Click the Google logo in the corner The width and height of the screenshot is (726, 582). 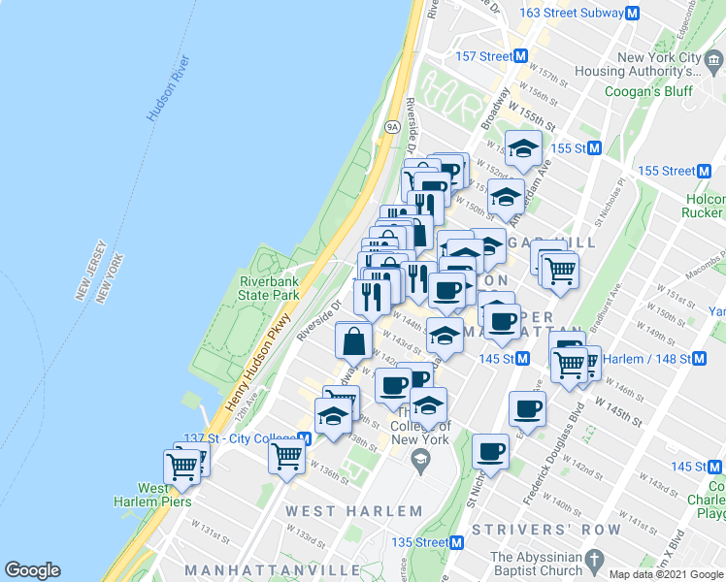click(x=32, y=570)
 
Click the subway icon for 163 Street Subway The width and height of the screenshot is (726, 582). click(x=633, y=14)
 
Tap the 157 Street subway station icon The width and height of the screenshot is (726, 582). click(x=520, y=56)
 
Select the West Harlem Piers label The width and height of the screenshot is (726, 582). click(x=164, y=495)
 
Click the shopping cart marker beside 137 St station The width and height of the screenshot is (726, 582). click(x=287, y=455)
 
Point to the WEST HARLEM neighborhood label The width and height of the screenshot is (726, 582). click(x=353, y=511)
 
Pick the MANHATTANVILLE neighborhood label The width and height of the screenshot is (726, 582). click(x=251, y=568)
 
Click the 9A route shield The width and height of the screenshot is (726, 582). click(x=392, y=126)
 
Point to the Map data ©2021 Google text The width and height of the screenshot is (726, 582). click(x=665, y=574)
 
